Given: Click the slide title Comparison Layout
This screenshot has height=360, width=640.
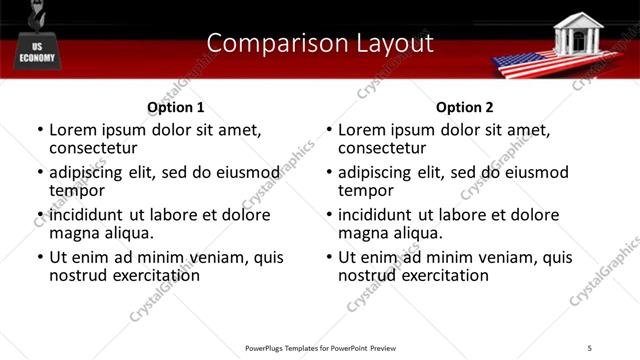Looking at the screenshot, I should pyautogui.click(x=320, y=43).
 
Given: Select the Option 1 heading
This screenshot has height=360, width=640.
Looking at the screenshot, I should pyautogui.click(x=175, y=107).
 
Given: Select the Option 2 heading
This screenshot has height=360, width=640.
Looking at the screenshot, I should pyautogui.click(x=465, y=107).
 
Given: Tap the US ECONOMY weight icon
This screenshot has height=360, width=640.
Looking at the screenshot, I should pyautogui.click(x=39, y=50).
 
